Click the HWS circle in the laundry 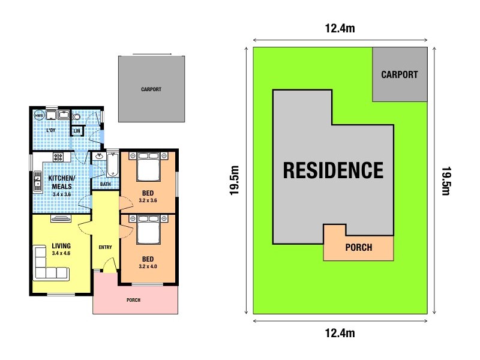(39, 115)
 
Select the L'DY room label (51, 130)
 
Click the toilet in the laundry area (77, 115)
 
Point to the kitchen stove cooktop (59, 157)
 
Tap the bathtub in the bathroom (112, 165)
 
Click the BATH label (106, 184)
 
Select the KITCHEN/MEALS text (62, 182)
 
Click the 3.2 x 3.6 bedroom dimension (148, 200)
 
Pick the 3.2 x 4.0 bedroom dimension (148, 266)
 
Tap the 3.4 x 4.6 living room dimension (61, 254)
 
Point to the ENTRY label (105, 247)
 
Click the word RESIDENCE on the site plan (333, 170)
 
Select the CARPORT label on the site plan (400, 75)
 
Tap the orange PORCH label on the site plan (358, 247)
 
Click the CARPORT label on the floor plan (151, 89)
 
